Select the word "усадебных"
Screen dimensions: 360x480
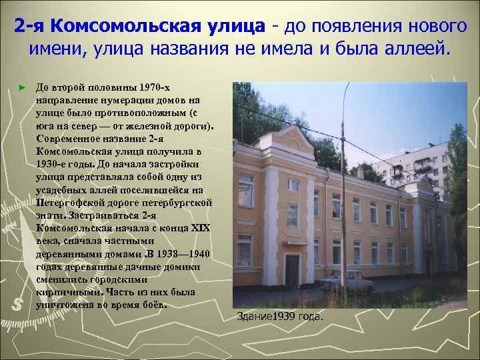[x=63, y=189]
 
